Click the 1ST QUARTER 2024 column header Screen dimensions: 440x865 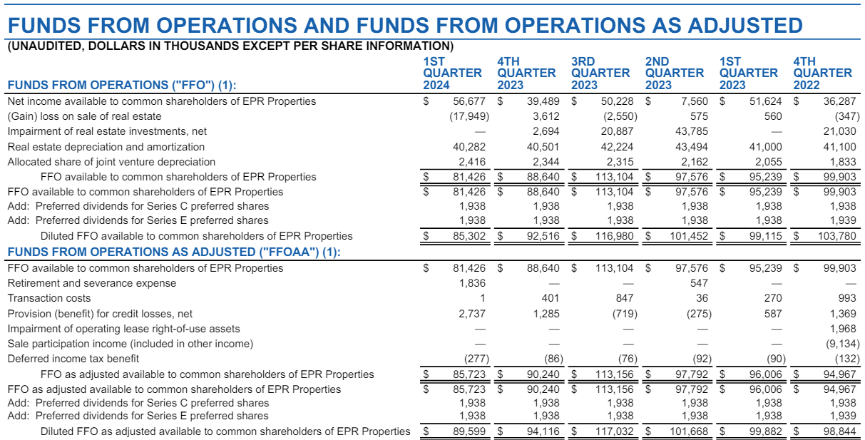coord(452,73)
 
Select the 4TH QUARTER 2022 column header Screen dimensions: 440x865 coord(822,73)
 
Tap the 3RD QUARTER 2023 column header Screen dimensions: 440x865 coord(600,73)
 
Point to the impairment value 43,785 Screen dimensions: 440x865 coord(691,131)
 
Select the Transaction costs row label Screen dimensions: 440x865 coord(49,298)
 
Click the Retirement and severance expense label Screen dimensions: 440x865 coord(91,283)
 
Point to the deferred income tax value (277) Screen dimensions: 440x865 coord(471,359)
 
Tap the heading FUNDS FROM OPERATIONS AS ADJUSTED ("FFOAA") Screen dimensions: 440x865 coord(173,251)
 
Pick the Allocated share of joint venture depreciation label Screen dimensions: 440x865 coord(111,162)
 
